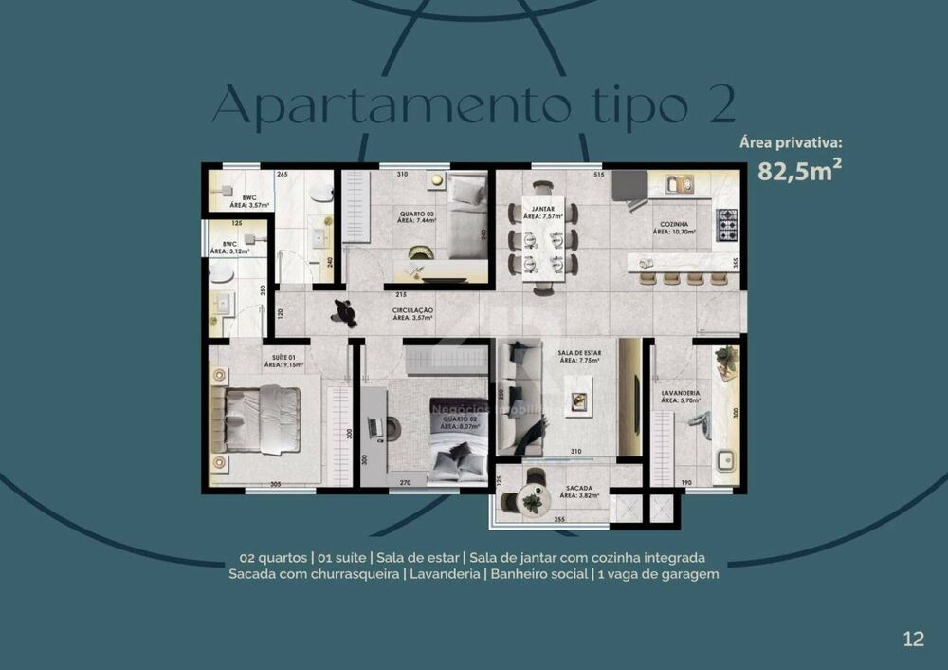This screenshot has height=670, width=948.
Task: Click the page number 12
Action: (913, 639)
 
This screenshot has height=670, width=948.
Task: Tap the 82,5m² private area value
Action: (800, 171)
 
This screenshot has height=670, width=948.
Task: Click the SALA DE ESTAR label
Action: (580, 356)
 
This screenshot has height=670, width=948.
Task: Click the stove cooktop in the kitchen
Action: (726, 225)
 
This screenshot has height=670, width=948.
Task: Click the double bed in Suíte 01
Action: (260, 419)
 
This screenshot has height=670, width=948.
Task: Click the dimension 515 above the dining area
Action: (598, 175)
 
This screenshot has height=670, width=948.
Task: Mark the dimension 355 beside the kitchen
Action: (736, 262)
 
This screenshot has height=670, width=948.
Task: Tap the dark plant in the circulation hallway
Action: (344, 311)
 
